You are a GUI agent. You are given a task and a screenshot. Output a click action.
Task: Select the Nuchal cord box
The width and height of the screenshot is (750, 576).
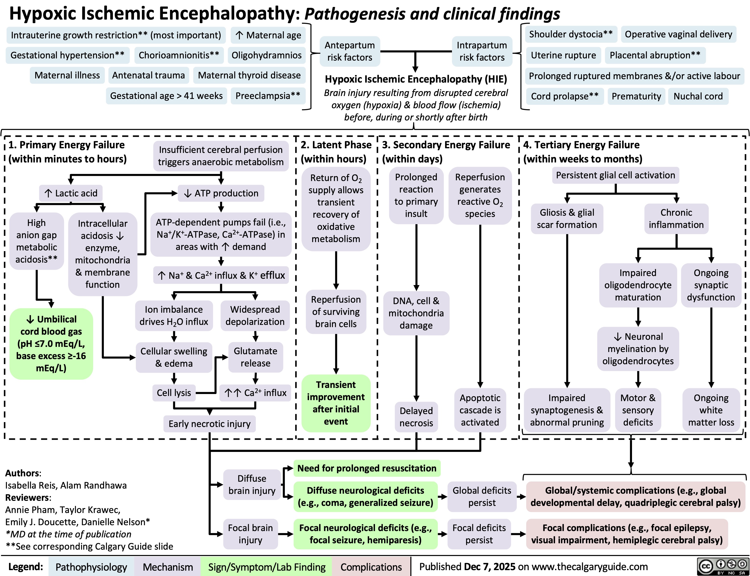pos(698,96)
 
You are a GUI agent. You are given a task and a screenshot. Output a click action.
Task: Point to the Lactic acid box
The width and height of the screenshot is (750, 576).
pos(71,193)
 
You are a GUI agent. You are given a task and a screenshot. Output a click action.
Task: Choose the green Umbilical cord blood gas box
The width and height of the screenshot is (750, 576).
pos(51,343)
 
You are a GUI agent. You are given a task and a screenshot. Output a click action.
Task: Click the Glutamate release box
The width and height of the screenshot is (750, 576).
pos(256,357)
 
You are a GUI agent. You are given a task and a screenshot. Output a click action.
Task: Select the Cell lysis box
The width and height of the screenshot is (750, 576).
pos(174,393)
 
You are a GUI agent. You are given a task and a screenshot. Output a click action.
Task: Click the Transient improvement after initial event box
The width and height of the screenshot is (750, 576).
pos(336,403)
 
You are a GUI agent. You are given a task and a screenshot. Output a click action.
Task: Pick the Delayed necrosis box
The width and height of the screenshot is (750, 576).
pos(416,417)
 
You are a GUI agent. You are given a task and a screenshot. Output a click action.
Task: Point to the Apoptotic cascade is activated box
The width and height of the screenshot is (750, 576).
pos(480,410)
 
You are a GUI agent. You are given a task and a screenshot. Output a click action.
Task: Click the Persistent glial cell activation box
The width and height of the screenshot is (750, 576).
pos(615,175)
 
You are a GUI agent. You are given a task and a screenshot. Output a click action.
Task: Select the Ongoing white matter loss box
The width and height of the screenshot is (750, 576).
pos(711,410)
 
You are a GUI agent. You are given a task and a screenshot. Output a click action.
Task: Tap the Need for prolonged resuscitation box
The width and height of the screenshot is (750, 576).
pos(367,468)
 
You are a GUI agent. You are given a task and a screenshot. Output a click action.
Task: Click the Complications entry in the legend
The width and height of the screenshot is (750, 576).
pos(371,567)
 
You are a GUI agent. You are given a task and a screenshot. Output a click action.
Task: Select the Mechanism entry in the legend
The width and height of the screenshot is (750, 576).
pos(168,567)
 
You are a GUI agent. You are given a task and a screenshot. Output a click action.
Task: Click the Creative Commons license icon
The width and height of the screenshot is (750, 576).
pos(723,567)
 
